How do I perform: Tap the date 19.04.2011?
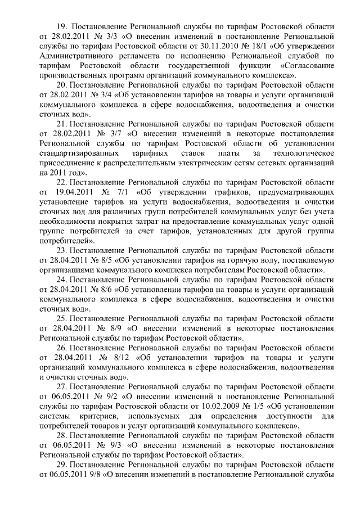[x=72, y=192]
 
